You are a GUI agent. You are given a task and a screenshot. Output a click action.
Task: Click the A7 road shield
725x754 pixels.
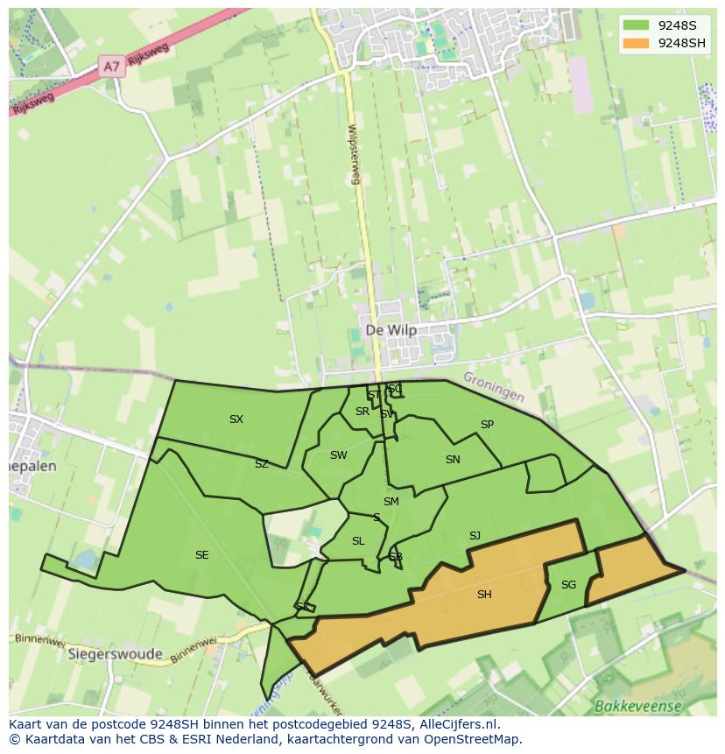111,67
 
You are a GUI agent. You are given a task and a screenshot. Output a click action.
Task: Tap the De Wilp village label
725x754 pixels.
391,330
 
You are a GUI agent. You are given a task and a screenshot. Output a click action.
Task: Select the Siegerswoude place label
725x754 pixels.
115,654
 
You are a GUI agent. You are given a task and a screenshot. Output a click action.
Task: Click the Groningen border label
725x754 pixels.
494,386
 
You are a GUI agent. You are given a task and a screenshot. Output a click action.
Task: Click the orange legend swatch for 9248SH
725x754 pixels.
637,43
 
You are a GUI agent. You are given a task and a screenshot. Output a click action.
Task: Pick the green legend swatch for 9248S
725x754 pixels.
637,25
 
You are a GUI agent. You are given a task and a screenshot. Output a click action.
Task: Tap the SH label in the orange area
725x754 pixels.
484,595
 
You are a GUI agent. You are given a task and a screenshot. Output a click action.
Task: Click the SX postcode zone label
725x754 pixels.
236,419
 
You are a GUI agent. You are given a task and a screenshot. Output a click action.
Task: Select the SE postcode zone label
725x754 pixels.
202,555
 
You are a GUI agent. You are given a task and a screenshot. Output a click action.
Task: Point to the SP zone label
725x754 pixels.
487,425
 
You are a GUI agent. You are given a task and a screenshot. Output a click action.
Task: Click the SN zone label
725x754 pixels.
453,460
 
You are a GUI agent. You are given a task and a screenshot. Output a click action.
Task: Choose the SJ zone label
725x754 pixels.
475,536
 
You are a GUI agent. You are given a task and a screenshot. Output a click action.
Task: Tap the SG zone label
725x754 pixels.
568,585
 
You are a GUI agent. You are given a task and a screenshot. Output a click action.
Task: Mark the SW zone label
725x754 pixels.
338,455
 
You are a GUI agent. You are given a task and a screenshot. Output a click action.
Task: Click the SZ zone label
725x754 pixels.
262,464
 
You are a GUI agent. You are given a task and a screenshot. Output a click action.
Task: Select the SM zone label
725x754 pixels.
391,502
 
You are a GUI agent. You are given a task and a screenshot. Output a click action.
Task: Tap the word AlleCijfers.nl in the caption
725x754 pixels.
457,724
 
